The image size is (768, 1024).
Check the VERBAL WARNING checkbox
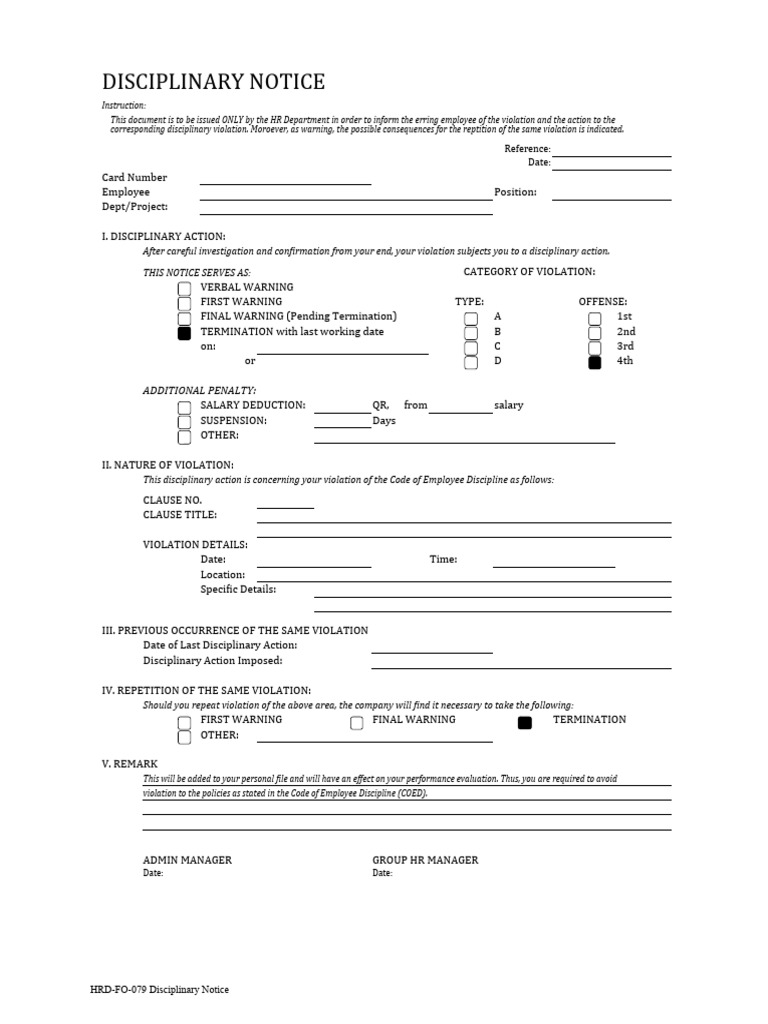point(184,289)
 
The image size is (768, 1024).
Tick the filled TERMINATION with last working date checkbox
point(184,334)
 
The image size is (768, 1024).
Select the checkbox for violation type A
point(471,319)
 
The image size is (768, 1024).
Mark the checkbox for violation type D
point(471,363)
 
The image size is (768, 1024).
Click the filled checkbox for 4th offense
point(595,363)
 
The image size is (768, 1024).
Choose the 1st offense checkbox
point(595,319)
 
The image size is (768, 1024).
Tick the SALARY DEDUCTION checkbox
point(184,408)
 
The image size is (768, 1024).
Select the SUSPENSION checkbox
point(184,423)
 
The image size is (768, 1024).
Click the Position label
point(515,192)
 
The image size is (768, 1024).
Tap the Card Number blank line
point(285,183)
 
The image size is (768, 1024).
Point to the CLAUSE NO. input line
point(285,507)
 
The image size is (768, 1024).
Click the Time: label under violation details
point(443,560)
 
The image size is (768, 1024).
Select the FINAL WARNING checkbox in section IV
point(357,723)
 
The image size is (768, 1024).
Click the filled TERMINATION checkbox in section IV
point(525,723)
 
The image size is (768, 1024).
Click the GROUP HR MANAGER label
point(425,860)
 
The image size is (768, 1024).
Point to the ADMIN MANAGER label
point(187,860)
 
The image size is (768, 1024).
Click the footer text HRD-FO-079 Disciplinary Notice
point(159,990)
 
